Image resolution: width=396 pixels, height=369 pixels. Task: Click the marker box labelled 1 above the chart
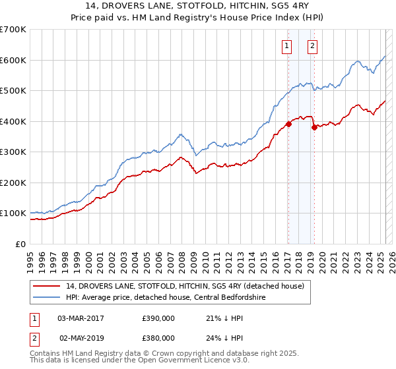[x=288, y=46]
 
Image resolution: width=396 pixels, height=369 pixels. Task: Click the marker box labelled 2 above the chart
[x=312, y=46]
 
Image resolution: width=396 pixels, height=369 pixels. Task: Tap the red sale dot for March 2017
[x=288, y=124]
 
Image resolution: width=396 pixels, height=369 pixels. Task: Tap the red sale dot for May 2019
[x=314, y=127]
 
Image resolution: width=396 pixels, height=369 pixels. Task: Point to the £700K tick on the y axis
[x=13, y=30]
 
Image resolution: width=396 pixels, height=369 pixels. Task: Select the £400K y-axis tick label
[x=13, y=121]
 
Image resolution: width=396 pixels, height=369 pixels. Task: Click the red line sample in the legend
[x=48, y=286]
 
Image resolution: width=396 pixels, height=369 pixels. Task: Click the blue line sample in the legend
[x=48, y=297]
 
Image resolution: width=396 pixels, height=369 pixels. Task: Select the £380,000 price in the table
[x=158, y=337]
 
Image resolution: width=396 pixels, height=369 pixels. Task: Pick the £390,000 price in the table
[x=158, y=318]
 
